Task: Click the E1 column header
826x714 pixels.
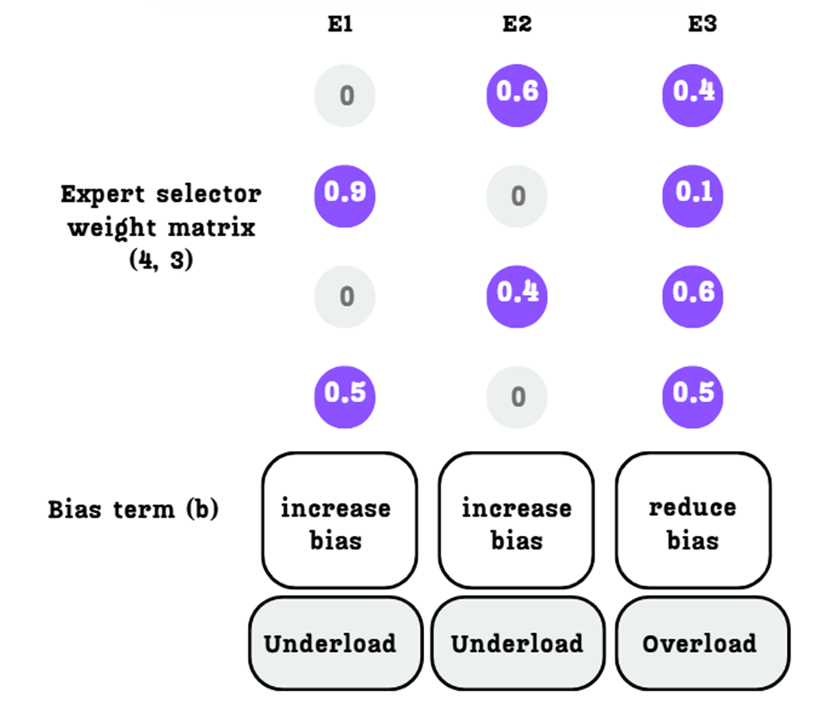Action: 340,25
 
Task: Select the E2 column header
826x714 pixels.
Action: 517,25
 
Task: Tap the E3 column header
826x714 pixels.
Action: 702,25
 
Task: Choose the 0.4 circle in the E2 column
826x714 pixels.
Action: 517,295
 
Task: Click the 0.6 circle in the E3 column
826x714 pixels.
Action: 693,295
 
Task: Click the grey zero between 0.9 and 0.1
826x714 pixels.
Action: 517,196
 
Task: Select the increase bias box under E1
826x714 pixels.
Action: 338,521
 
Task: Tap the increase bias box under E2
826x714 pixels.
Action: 516,521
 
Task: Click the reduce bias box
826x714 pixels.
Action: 693,521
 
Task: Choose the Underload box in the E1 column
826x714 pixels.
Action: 335,643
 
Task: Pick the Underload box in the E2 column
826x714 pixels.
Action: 517,643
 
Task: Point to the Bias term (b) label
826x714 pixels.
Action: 133,509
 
